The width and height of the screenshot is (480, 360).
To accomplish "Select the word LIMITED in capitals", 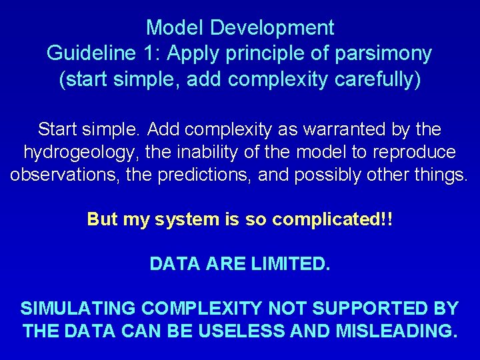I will [291, 264].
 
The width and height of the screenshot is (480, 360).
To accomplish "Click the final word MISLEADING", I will [394, 331].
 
